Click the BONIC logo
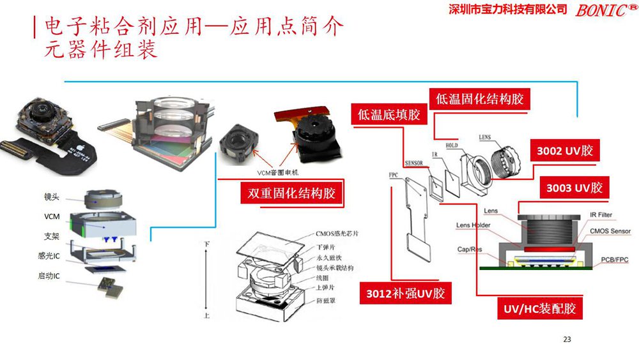(x=604, y=10)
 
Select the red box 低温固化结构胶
(x=479, y=99)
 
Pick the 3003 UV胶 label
(x=574, y=188)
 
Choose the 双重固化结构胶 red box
(x=291, y=193)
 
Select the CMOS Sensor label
(x=610, y=231)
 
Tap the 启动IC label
(x=49, y=276)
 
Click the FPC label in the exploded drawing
(x=393, y=174)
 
